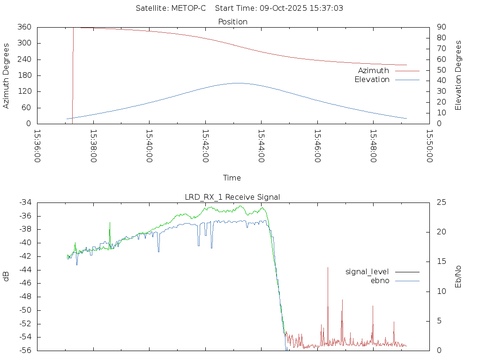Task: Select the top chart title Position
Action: (x=232, y=22)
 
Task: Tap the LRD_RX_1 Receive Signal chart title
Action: (x=232, y=197)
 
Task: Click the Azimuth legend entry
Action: (x=374, y=70)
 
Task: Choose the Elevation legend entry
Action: (x=372, y=79)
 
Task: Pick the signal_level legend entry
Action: (x=367, y=271)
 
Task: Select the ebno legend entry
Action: (x=380, y=280)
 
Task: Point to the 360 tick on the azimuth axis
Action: (x=24, y=27)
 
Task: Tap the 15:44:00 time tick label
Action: (x=262, y=146)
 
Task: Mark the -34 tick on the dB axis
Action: (x=25, y=202)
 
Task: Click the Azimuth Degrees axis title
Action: (x=6, y=75)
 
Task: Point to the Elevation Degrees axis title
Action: (x=458, y=75)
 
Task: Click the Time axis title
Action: (x=232, y=178)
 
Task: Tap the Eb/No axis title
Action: (x=458, y=276)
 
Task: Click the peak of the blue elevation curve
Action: (x=238, y=83)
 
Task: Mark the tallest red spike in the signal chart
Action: (x=328, y=268)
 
